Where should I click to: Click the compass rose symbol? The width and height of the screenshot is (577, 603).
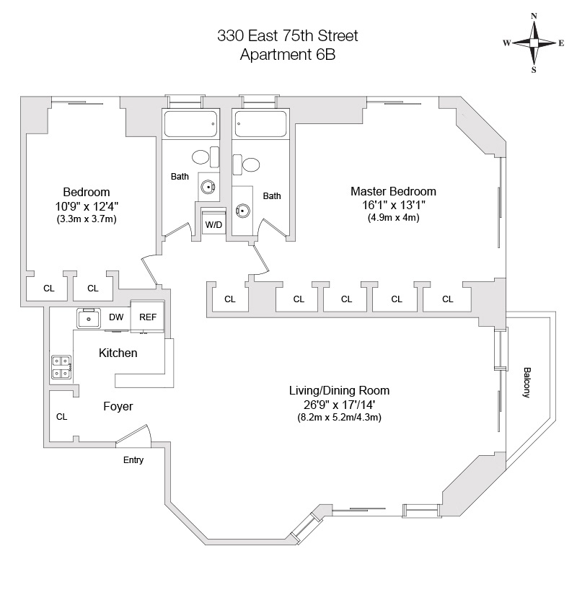534,43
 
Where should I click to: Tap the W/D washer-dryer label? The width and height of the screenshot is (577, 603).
213,225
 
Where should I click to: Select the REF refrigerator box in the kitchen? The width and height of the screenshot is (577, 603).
148,317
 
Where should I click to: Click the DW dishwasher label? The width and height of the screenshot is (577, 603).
116,317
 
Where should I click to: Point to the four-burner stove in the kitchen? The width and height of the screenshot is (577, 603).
61,368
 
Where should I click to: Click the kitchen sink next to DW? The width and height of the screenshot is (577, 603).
89,317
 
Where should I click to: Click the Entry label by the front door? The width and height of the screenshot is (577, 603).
133,460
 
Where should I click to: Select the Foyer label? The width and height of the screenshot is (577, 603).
118,407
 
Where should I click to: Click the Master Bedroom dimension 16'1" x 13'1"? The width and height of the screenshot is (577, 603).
393,205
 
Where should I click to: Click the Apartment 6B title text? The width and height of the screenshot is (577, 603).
288,54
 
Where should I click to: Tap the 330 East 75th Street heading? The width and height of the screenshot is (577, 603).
288,35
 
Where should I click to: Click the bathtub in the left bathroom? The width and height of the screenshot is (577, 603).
190,125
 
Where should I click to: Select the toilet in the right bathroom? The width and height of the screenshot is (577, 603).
251,164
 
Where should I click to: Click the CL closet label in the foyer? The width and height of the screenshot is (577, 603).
61,416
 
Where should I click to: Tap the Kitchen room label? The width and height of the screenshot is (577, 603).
118,353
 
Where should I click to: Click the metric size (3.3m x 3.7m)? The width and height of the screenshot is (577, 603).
86,219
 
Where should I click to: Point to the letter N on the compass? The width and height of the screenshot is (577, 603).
534,16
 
